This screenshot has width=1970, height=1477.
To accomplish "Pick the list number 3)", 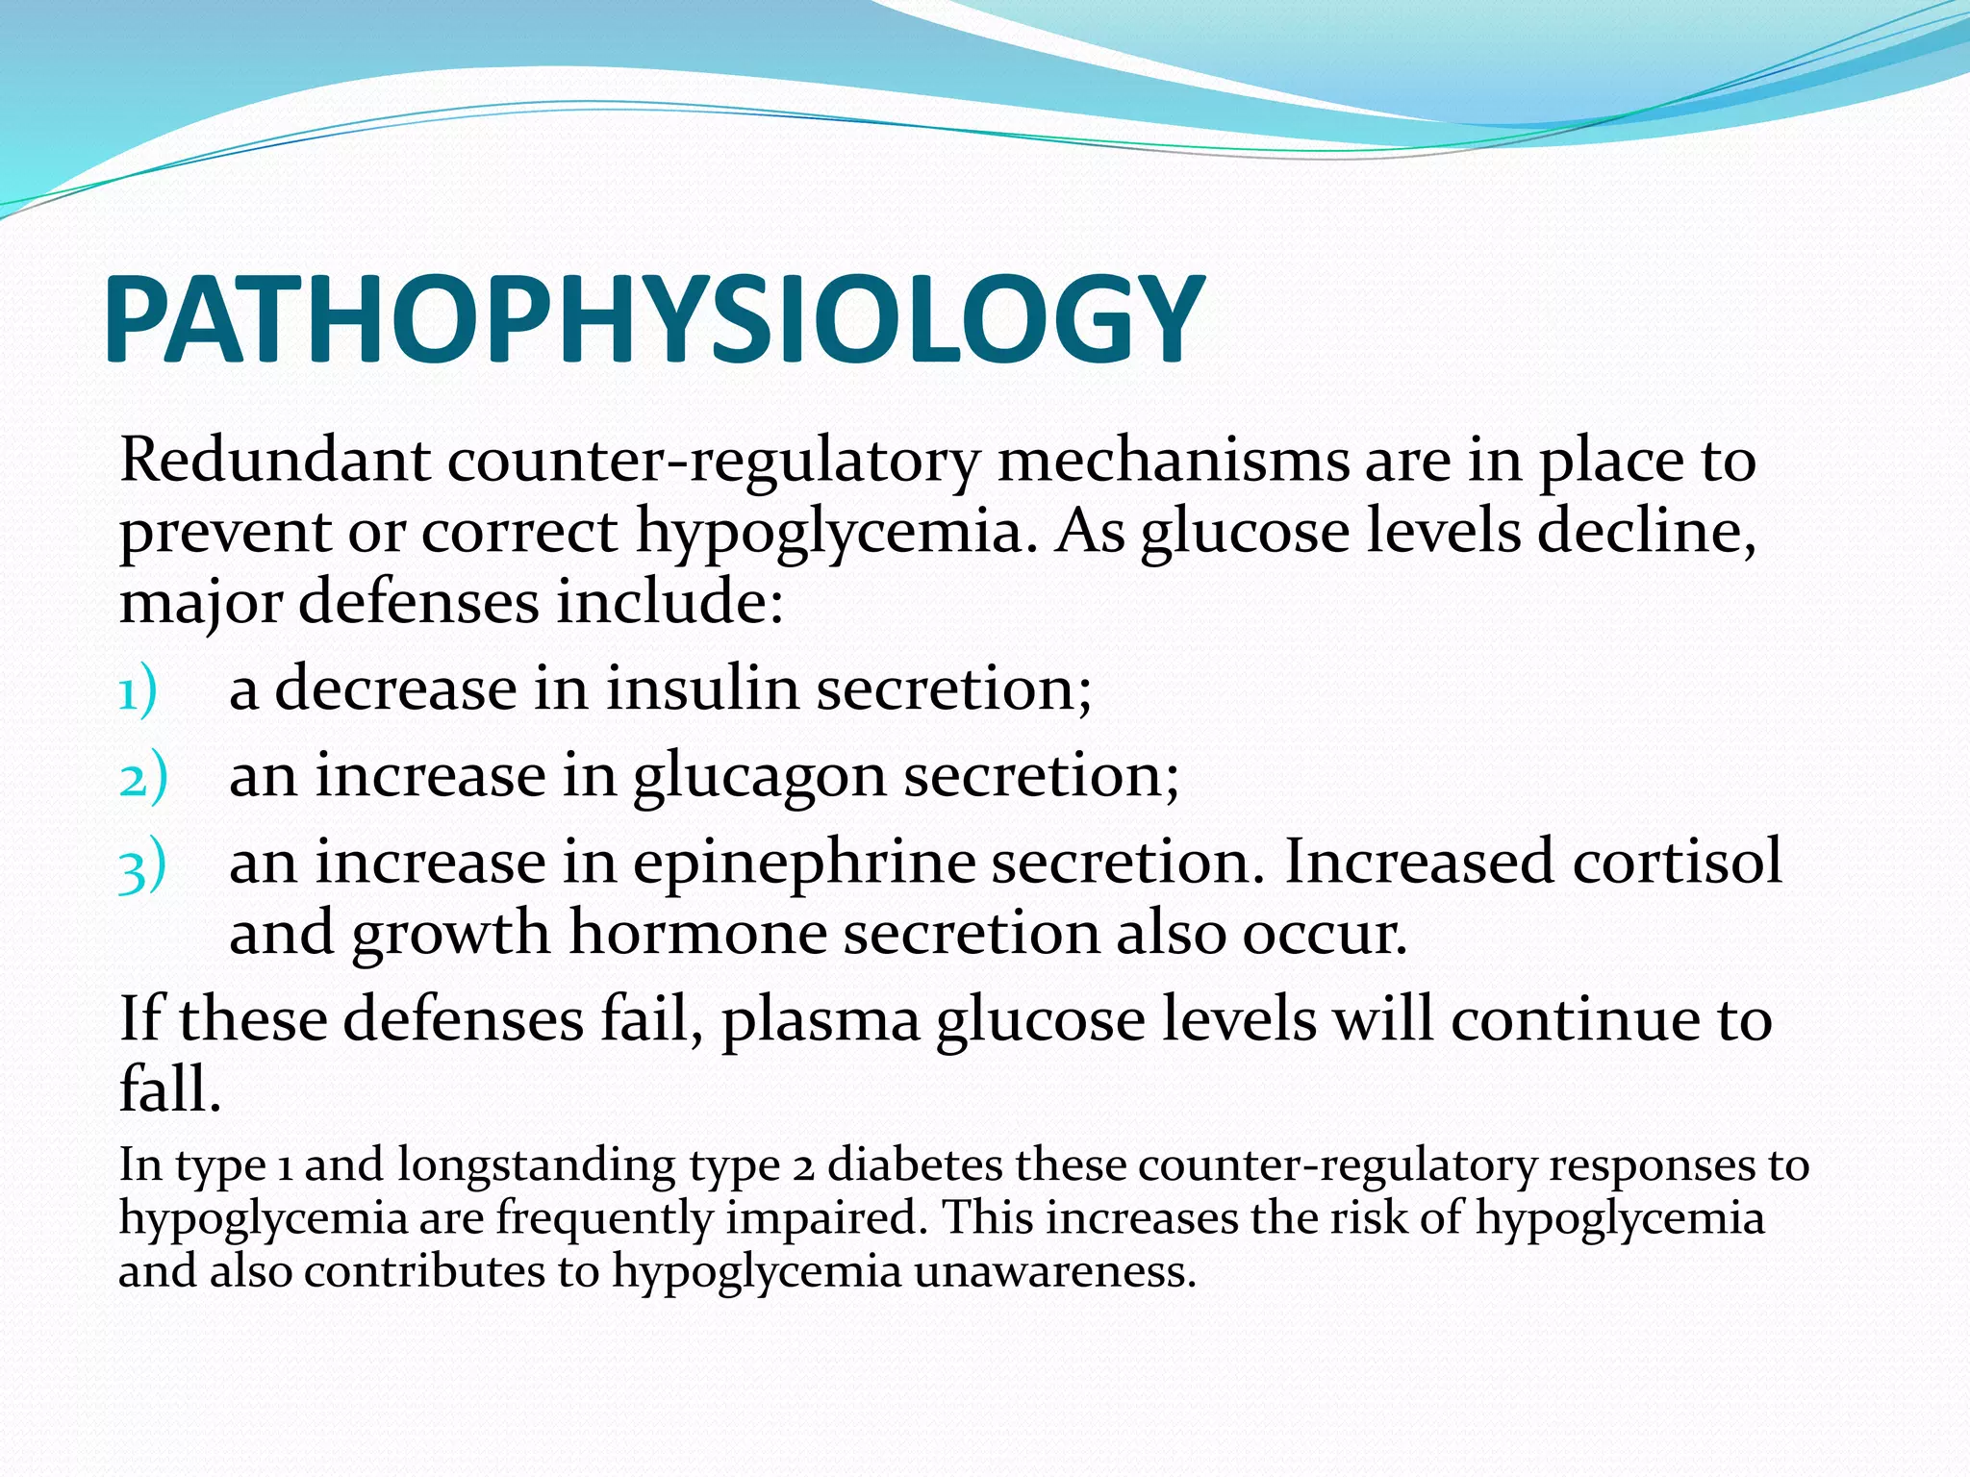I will (142, 865).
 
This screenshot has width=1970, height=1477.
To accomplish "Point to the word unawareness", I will (1054, 1271).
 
